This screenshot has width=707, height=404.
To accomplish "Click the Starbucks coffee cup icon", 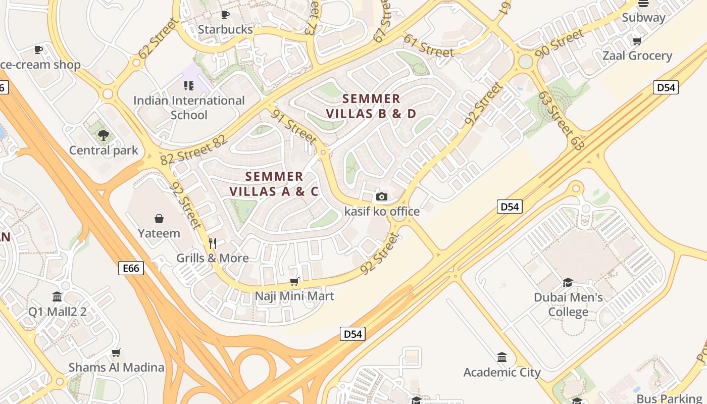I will [x=225, y=15].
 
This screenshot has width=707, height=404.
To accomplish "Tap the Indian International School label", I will [x=189, y=108].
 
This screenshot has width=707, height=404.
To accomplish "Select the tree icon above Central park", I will [x=104, y=135].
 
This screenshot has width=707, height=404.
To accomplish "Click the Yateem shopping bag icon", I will [x=159, y=218].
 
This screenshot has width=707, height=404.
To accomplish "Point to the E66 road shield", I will [x=131, y=268].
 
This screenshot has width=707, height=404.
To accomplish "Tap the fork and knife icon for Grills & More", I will [x=213, y=243].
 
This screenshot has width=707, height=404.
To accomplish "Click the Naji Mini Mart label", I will [x=294, y=295].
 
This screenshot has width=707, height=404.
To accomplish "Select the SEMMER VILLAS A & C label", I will [x=274, y=184].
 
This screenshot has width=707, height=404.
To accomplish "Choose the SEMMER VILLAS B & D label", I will [x=371, y=106].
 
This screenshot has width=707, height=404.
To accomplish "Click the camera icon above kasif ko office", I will [x=382, y=196].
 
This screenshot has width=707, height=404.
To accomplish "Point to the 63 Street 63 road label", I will [x=561, y=120].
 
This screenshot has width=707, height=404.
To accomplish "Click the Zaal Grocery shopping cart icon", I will [x=637, y=41].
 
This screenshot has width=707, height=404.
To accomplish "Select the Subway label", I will [x=643, y=18].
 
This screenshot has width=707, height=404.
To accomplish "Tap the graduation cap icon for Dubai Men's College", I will [x=568, y=282].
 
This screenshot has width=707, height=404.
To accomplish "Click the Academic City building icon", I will [x=502, y=358].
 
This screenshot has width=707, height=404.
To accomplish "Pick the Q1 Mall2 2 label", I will [x=57, y=312].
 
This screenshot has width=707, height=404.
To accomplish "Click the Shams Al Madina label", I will [x=116, y=367].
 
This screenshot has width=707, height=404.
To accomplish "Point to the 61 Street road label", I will [x=429, y=46].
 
